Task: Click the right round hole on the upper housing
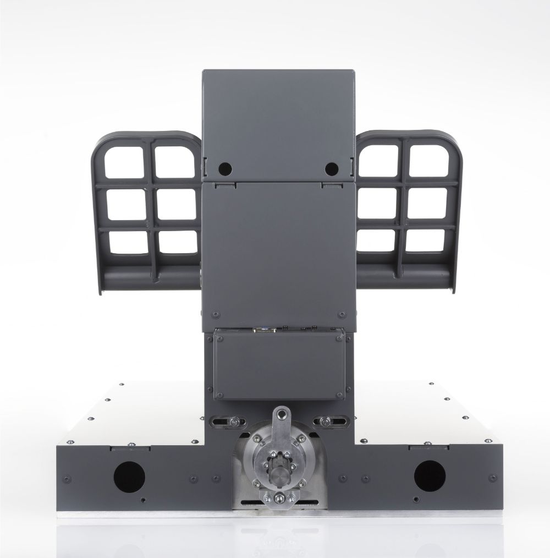(x=330, y=168)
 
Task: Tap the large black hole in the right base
(x=430, y=475)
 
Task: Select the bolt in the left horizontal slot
(x=235, y=422)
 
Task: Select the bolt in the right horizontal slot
(x=327, y=422)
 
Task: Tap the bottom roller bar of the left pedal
(x=148, y=272)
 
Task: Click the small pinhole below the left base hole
(x=143, y=500)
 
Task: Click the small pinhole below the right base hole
(x=415, y=500)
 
